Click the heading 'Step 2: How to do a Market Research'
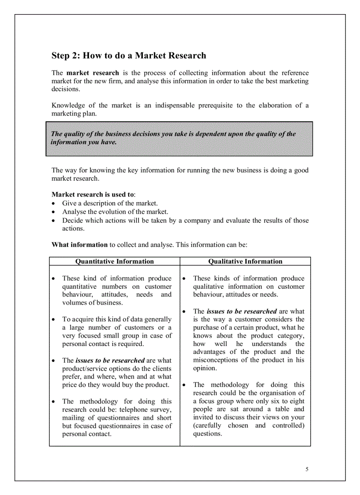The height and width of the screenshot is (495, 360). pyautogui.click(x=129, y=56)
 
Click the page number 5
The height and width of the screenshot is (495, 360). pyautogui.click(x=307, y=469)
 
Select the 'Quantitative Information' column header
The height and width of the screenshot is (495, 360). pyautogui.click(x=115, y=261)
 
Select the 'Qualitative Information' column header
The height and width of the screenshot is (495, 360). pyautogui.click(x=245, y=261)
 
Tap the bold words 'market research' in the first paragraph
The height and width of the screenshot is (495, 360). pyautogui.click(x=93, y=73)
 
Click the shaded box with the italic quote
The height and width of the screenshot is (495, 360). pyautogui.click(x=179, y=138)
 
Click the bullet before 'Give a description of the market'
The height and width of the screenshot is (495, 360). pyautogui.click(x=53, y=204)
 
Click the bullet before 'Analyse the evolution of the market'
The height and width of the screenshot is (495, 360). pyautogui.click(x=53, y=212)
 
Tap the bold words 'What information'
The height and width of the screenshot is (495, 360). pyautogui.click(x=79, y=245)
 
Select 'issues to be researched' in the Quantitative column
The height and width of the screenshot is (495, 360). pyautogui.click(x=110, y=360)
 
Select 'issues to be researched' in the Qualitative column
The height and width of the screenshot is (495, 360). pyautogui.click(x=241, y=311)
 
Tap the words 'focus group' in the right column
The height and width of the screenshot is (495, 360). pyautogui.click(x=217, y=401)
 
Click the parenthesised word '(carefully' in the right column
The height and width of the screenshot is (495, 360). pyautogui.click(x=207, y=425)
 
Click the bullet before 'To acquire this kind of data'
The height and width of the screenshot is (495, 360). pyautogui.click(x=53, y=320)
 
